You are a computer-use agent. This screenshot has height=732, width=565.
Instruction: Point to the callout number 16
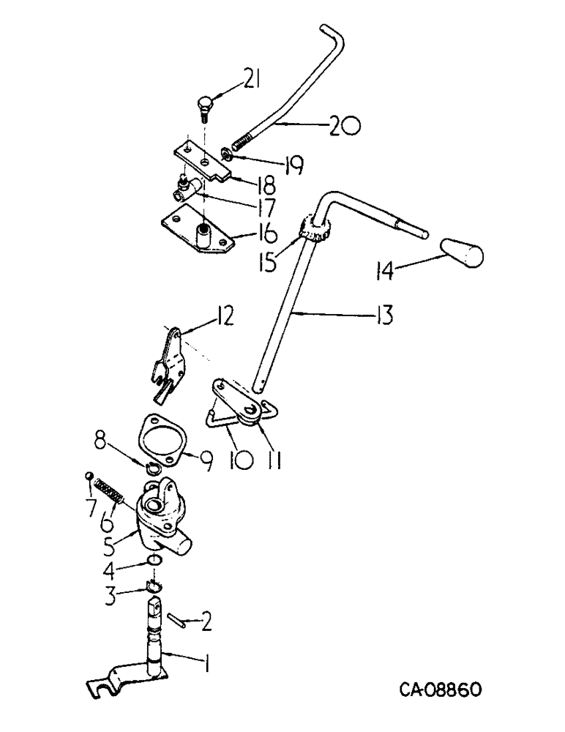(246, 234)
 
